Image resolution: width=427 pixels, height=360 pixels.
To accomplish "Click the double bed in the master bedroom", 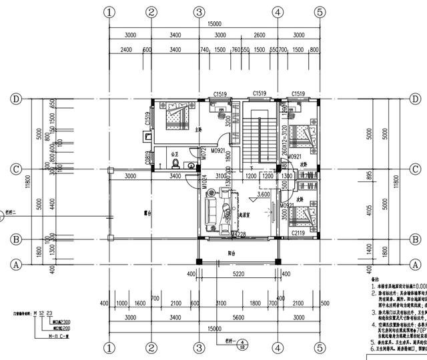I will [x=177, y=114].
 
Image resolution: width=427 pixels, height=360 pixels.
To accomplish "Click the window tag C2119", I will [x=298, y=234].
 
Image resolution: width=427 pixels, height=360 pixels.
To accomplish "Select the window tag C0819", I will [x=148, y=158].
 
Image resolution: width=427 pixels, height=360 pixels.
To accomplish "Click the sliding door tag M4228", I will [x=238, y=234].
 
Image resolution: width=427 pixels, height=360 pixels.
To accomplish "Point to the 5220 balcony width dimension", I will [x=238, y=274].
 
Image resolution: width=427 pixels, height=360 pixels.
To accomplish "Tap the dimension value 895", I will [x=368, y=176].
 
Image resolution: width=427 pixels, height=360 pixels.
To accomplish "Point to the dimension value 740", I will [x=204, y=50].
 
